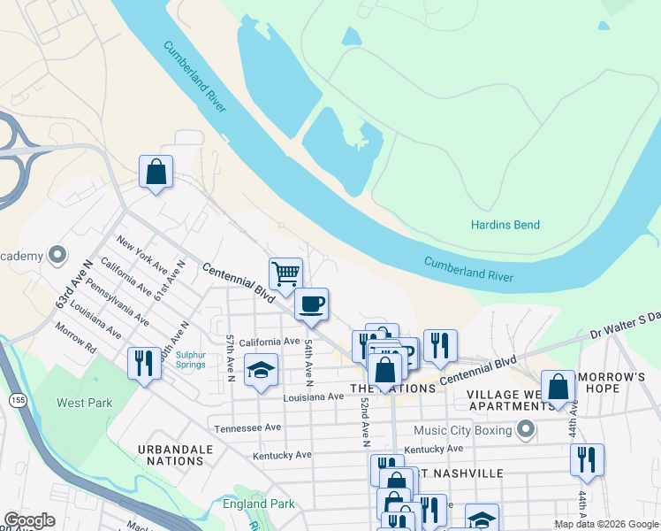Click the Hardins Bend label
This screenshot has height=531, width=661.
505,225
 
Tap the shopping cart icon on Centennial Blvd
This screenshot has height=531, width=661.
285,273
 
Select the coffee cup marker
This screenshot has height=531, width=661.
311,304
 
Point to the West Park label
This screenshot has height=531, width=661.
85,403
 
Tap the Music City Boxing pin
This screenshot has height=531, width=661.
526,431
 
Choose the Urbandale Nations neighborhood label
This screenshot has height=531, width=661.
176,455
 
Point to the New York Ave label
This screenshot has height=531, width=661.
141,257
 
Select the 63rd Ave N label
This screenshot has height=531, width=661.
74,284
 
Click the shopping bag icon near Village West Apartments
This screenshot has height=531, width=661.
558,387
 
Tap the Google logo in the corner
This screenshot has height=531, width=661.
29,520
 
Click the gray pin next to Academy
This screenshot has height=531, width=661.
58,256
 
